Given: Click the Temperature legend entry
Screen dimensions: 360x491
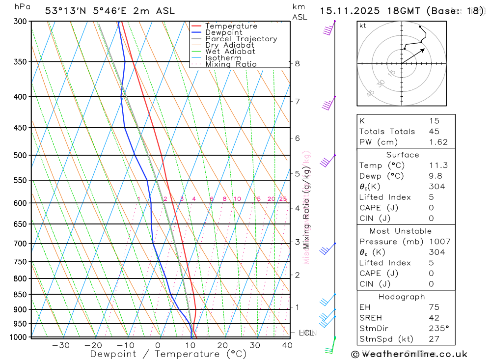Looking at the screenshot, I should tap(231, 26).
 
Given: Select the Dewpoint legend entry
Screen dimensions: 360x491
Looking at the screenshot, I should tap(223, 32).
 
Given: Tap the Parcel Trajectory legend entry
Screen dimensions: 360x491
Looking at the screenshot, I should tap(241, 39).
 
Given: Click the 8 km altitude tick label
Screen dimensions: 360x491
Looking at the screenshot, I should tap(297, 63).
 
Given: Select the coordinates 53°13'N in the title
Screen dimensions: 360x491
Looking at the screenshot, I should tap(63, 11).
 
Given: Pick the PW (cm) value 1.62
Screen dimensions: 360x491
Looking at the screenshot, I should tap(438, 142).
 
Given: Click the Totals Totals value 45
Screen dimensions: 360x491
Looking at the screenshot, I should tap(434, 132).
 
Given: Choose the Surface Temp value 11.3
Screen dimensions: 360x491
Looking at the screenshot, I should tap(438, 166).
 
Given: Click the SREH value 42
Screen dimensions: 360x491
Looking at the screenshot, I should tap(434, 318).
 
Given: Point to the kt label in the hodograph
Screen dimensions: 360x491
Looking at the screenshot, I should tap(363, 26).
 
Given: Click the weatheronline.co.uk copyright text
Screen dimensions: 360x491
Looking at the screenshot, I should tap(409, 354).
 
